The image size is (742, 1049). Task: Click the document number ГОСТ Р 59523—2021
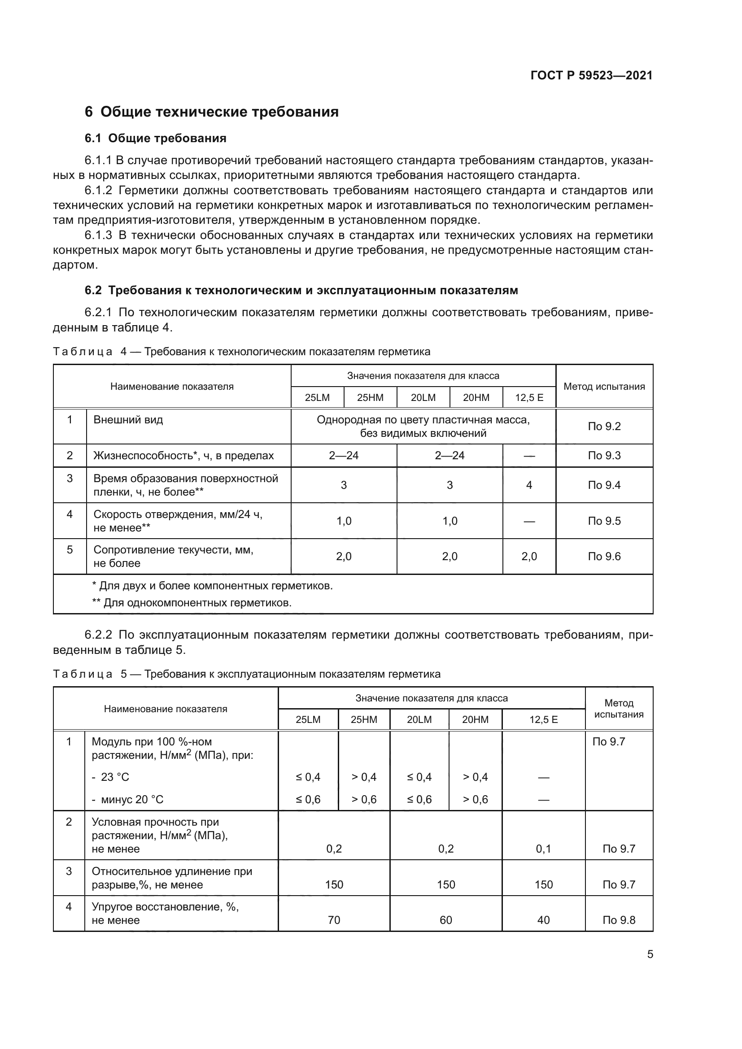point(591,75)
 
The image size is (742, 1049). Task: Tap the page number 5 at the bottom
point(650,954)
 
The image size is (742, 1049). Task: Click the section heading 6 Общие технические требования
point(212,112)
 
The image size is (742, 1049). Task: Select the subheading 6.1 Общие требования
point(155,138)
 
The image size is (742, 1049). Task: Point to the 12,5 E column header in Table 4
point(529,397)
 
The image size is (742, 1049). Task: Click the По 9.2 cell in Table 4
point(604,426)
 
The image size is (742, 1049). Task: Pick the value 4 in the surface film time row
point(529,485)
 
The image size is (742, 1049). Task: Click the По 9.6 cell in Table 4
point(604,556)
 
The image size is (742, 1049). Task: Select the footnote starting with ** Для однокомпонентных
point(192,603)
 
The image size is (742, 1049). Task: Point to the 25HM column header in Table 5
point(364,719)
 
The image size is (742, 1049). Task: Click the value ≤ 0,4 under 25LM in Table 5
point(308,777)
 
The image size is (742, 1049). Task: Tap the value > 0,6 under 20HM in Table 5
point(475,799)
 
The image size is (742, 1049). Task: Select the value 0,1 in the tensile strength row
point(543,849)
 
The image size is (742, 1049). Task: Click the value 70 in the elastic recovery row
point(334,920)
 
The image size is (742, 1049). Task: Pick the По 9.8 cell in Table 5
point(619,920)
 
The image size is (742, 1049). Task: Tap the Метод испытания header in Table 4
point(604,387)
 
